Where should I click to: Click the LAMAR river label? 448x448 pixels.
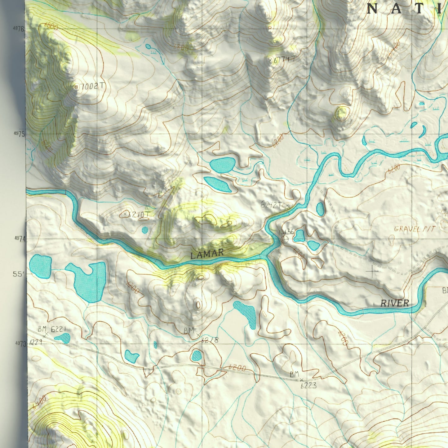(207, 254)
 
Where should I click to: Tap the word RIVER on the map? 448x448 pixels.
(395, 303)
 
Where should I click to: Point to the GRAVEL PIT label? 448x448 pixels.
(415, 229)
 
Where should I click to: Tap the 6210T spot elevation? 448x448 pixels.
(138, 214)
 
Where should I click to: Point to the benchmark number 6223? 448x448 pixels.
(308, 385)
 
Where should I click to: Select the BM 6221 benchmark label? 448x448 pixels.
(52, 329)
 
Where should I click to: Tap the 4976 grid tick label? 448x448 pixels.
(19, 29)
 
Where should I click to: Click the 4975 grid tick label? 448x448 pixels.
(19, 133)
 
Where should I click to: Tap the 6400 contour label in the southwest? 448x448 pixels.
(38, 402)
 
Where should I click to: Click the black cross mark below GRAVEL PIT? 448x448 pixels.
(372, 272)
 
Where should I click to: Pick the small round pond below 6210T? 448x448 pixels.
(145, 230)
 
